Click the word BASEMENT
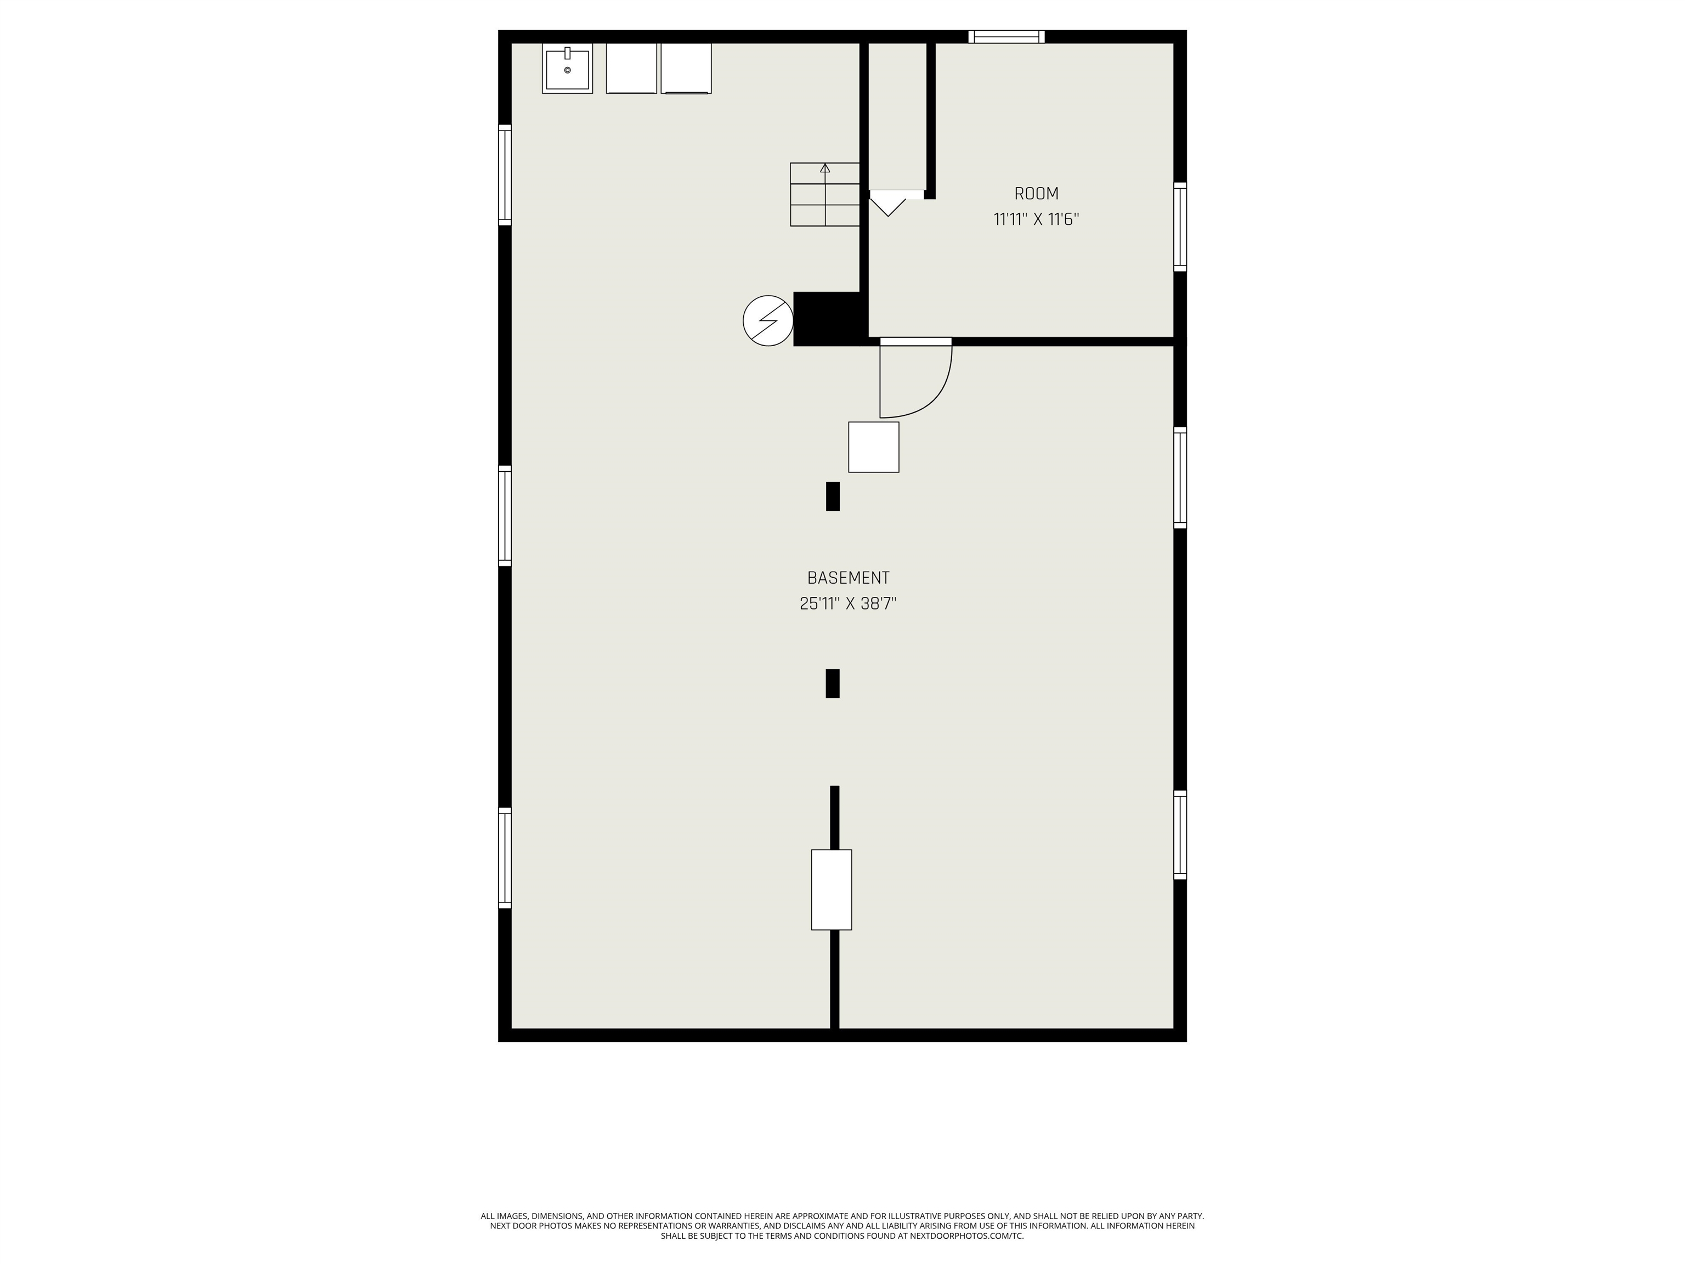pyautogui.click(x=848, y=578)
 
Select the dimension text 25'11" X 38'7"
pyautogui.click(x=848, y=604)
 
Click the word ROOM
pyautogui.click(x=1036, y=194)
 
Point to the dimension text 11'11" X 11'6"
pyautogui.click(x=1036, y=220)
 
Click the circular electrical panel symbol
pyautogui.click(x=768, y=321)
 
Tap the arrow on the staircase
pyautogui.click(x=825, y=168)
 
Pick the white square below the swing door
pyautogui.click(x=874, y=447)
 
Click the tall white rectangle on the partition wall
pyautogui.click(x=831, y=890)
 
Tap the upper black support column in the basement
pyautogui.click(x=833, y=496)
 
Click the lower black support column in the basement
pyautogui.click(x=833, y=684)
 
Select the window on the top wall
pyautogui.click(x=1007, y=37)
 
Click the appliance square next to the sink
pyautogui.click(x=631, y=69)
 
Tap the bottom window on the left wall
pyautogui.click(x=504, y=858)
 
